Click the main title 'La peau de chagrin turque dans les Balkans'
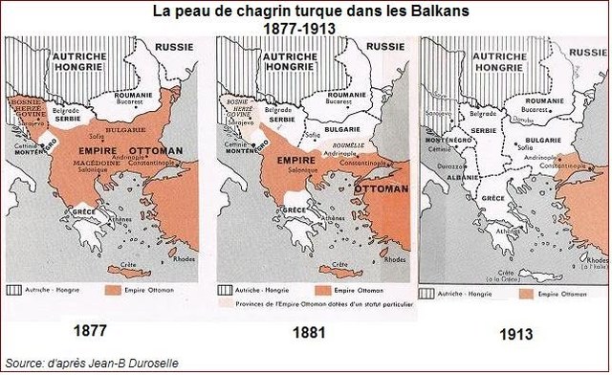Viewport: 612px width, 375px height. [306, 11]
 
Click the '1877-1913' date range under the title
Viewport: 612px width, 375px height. [305, 29]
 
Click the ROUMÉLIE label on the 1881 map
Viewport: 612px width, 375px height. [345, 144]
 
